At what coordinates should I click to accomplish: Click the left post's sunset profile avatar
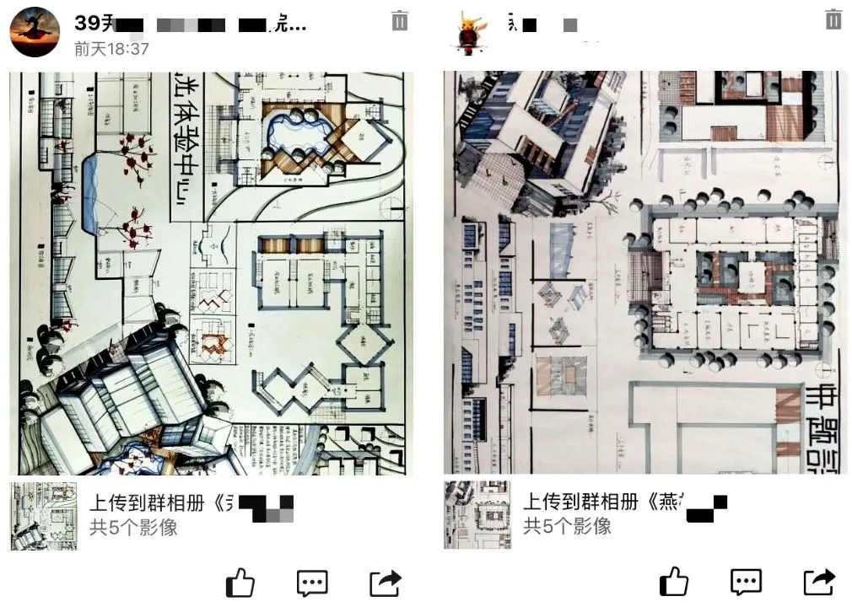[x=35, y=34]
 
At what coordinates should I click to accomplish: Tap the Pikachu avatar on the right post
[x=471, y=34]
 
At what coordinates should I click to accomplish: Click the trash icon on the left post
[x=400, y=21]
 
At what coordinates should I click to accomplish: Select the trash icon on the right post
[x=833, y=19]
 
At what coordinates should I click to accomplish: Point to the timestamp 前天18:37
[x=111, y=49]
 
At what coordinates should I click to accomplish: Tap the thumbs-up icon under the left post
[x=240, y=582]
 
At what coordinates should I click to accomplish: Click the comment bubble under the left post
[x=312, y=582]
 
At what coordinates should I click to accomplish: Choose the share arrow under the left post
[x=386, y=582]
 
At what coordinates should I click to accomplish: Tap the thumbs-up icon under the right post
[x=674, y=582]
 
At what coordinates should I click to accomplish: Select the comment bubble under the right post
[x=747, y=582]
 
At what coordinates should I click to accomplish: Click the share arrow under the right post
[x=819, y=582]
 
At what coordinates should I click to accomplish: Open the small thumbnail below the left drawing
[x=44, y=515]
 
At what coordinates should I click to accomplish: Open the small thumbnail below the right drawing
[x=477, y=515]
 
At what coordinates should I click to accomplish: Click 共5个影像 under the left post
[x=133, y=528]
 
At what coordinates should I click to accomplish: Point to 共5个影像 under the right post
[x=567, y=527]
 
